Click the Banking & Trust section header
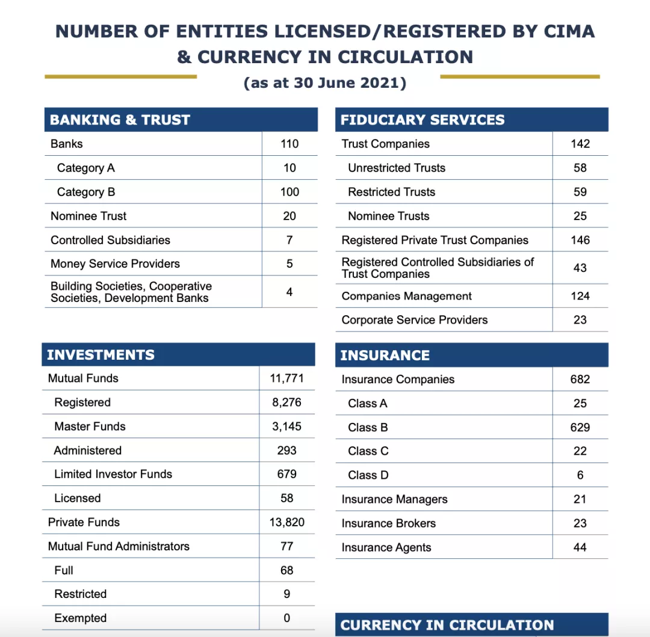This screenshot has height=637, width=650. click(x=120, y=120)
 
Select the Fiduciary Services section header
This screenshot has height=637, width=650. click(x=422, y=120)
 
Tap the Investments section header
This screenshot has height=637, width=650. click(x=101, y=355)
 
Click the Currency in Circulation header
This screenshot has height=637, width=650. click(x=447, y=625)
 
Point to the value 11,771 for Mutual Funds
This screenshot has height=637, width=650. click(x=286, y=378)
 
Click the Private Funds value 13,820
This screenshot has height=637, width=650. click(x=286, y=522)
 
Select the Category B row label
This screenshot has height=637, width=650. click(x=86, y=192)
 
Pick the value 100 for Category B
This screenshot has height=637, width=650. click(x=289, y=192)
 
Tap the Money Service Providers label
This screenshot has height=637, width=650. click(x=115, y=263)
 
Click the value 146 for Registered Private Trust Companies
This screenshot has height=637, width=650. click(x=580, y=240)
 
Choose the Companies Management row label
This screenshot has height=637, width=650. click(x=406, y=296)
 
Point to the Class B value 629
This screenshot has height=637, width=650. click(x=580, y=427)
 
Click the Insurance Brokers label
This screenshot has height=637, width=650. click(x=388, y=523)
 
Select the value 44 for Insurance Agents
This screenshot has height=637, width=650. click(x=580, y=547)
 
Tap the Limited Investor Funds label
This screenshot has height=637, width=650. click(x=113, y=474)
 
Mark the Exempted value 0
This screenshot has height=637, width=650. click(x=286, y=618)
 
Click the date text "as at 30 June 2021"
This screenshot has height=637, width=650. click(x=325, y=83)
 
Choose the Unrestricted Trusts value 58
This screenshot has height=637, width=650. click(x=580, y=168)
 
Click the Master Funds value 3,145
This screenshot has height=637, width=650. click(x=286, y=426)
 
